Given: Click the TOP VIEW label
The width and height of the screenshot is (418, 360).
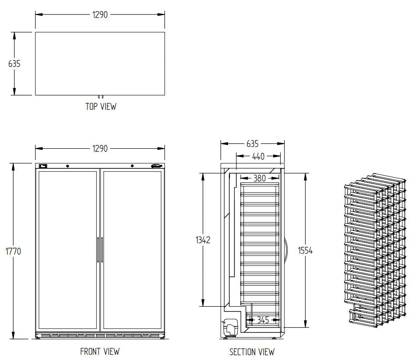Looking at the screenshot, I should [x=101, y=106].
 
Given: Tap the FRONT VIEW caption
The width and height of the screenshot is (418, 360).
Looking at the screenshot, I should [x=100, y=351].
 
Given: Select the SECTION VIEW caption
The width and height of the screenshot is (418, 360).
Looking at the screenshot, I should [x=252, y=352].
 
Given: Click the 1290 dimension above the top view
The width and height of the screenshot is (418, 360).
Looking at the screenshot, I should [x=100, y=14].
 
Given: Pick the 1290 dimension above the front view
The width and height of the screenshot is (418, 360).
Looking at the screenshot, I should [x=100, y=149].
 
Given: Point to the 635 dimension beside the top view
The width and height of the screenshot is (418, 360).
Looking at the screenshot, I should [x=14, y=63].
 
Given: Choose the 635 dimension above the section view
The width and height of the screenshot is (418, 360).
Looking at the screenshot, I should [x=253, y=143].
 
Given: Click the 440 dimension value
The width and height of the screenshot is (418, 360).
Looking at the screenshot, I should [x=258, y=156].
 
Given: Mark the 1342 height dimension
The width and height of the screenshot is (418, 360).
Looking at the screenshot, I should [x=203, y=240].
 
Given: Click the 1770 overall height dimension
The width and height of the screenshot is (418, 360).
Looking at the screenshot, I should [x=14, y=252].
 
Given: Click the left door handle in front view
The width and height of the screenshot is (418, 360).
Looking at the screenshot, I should [x=98, y=250].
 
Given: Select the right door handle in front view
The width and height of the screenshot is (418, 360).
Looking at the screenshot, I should [x=102, y=250].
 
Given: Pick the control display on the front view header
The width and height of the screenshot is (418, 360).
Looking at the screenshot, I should [x=43, y=166].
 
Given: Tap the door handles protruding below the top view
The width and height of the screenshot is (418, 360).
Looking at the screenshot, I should [x=101, y=97].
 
